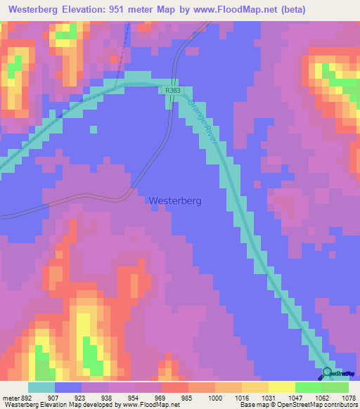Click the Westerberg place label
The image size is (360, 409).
pos(175,200)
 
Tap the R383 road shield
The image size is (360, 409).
pos(173,90)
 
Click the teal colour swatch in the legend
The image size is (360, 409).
pos(41,387)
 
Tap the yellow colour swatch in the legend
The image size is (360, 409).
pos(281,387)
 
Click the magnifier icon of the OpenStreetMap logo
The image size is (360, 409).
pos(327,373)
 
